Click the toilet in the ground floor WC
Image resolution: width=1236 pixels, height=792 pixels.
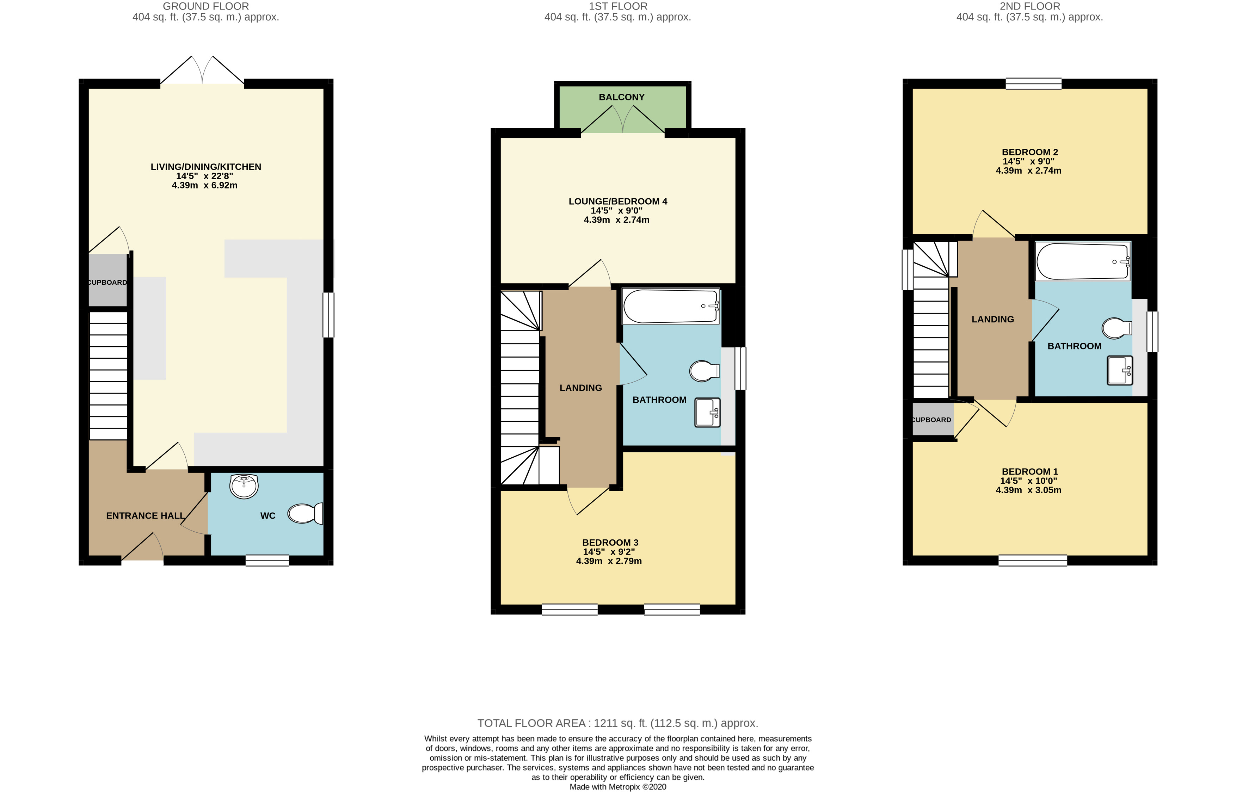[x=306, y=513]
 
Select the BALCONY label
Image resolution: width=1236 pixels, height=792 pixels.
[x=621, y=97]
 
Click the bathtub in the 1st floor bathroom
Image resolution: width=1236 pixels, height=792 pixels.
[x=671, y=306]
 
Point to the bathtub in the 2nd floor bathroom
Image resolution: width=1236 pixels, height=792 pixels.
[x=1083, y=261]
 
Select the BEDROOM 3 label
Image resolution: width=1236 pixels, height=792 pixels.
[x=610, y=543]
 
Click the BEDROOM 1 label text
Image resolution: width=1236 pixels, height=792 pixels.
[x=1030, y=472]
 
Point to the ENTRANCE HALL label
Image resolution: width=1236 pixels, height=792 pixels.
[x=146, y=516]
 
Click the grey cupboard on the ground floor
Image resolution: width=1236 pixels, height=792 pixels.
[x=108, y=281]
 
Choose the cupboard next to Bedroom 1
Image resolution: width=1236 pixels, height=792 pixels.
[x=933, y=419]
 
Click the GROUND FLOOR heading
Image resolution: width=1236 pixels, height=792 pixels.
[x=206, y=6]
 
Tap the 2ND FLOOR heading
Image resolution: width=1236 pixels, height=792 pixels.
[x=1030, y=6]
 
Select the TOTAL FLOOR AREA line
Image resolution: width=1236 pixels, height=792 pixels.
[x=618, y=723]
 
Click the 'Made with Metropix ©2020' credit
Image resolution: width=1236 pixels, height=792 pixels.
[x=618, y=787]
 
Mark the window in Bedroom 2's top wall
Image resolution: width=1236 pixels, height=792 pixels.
[x=1033, y=83]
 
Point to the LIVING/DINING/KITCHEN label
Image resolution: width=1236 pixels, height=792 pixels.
[x=206, y=167]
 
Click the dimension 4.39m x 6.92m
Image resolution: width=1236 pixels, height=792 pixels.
[x=205, y=185]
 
